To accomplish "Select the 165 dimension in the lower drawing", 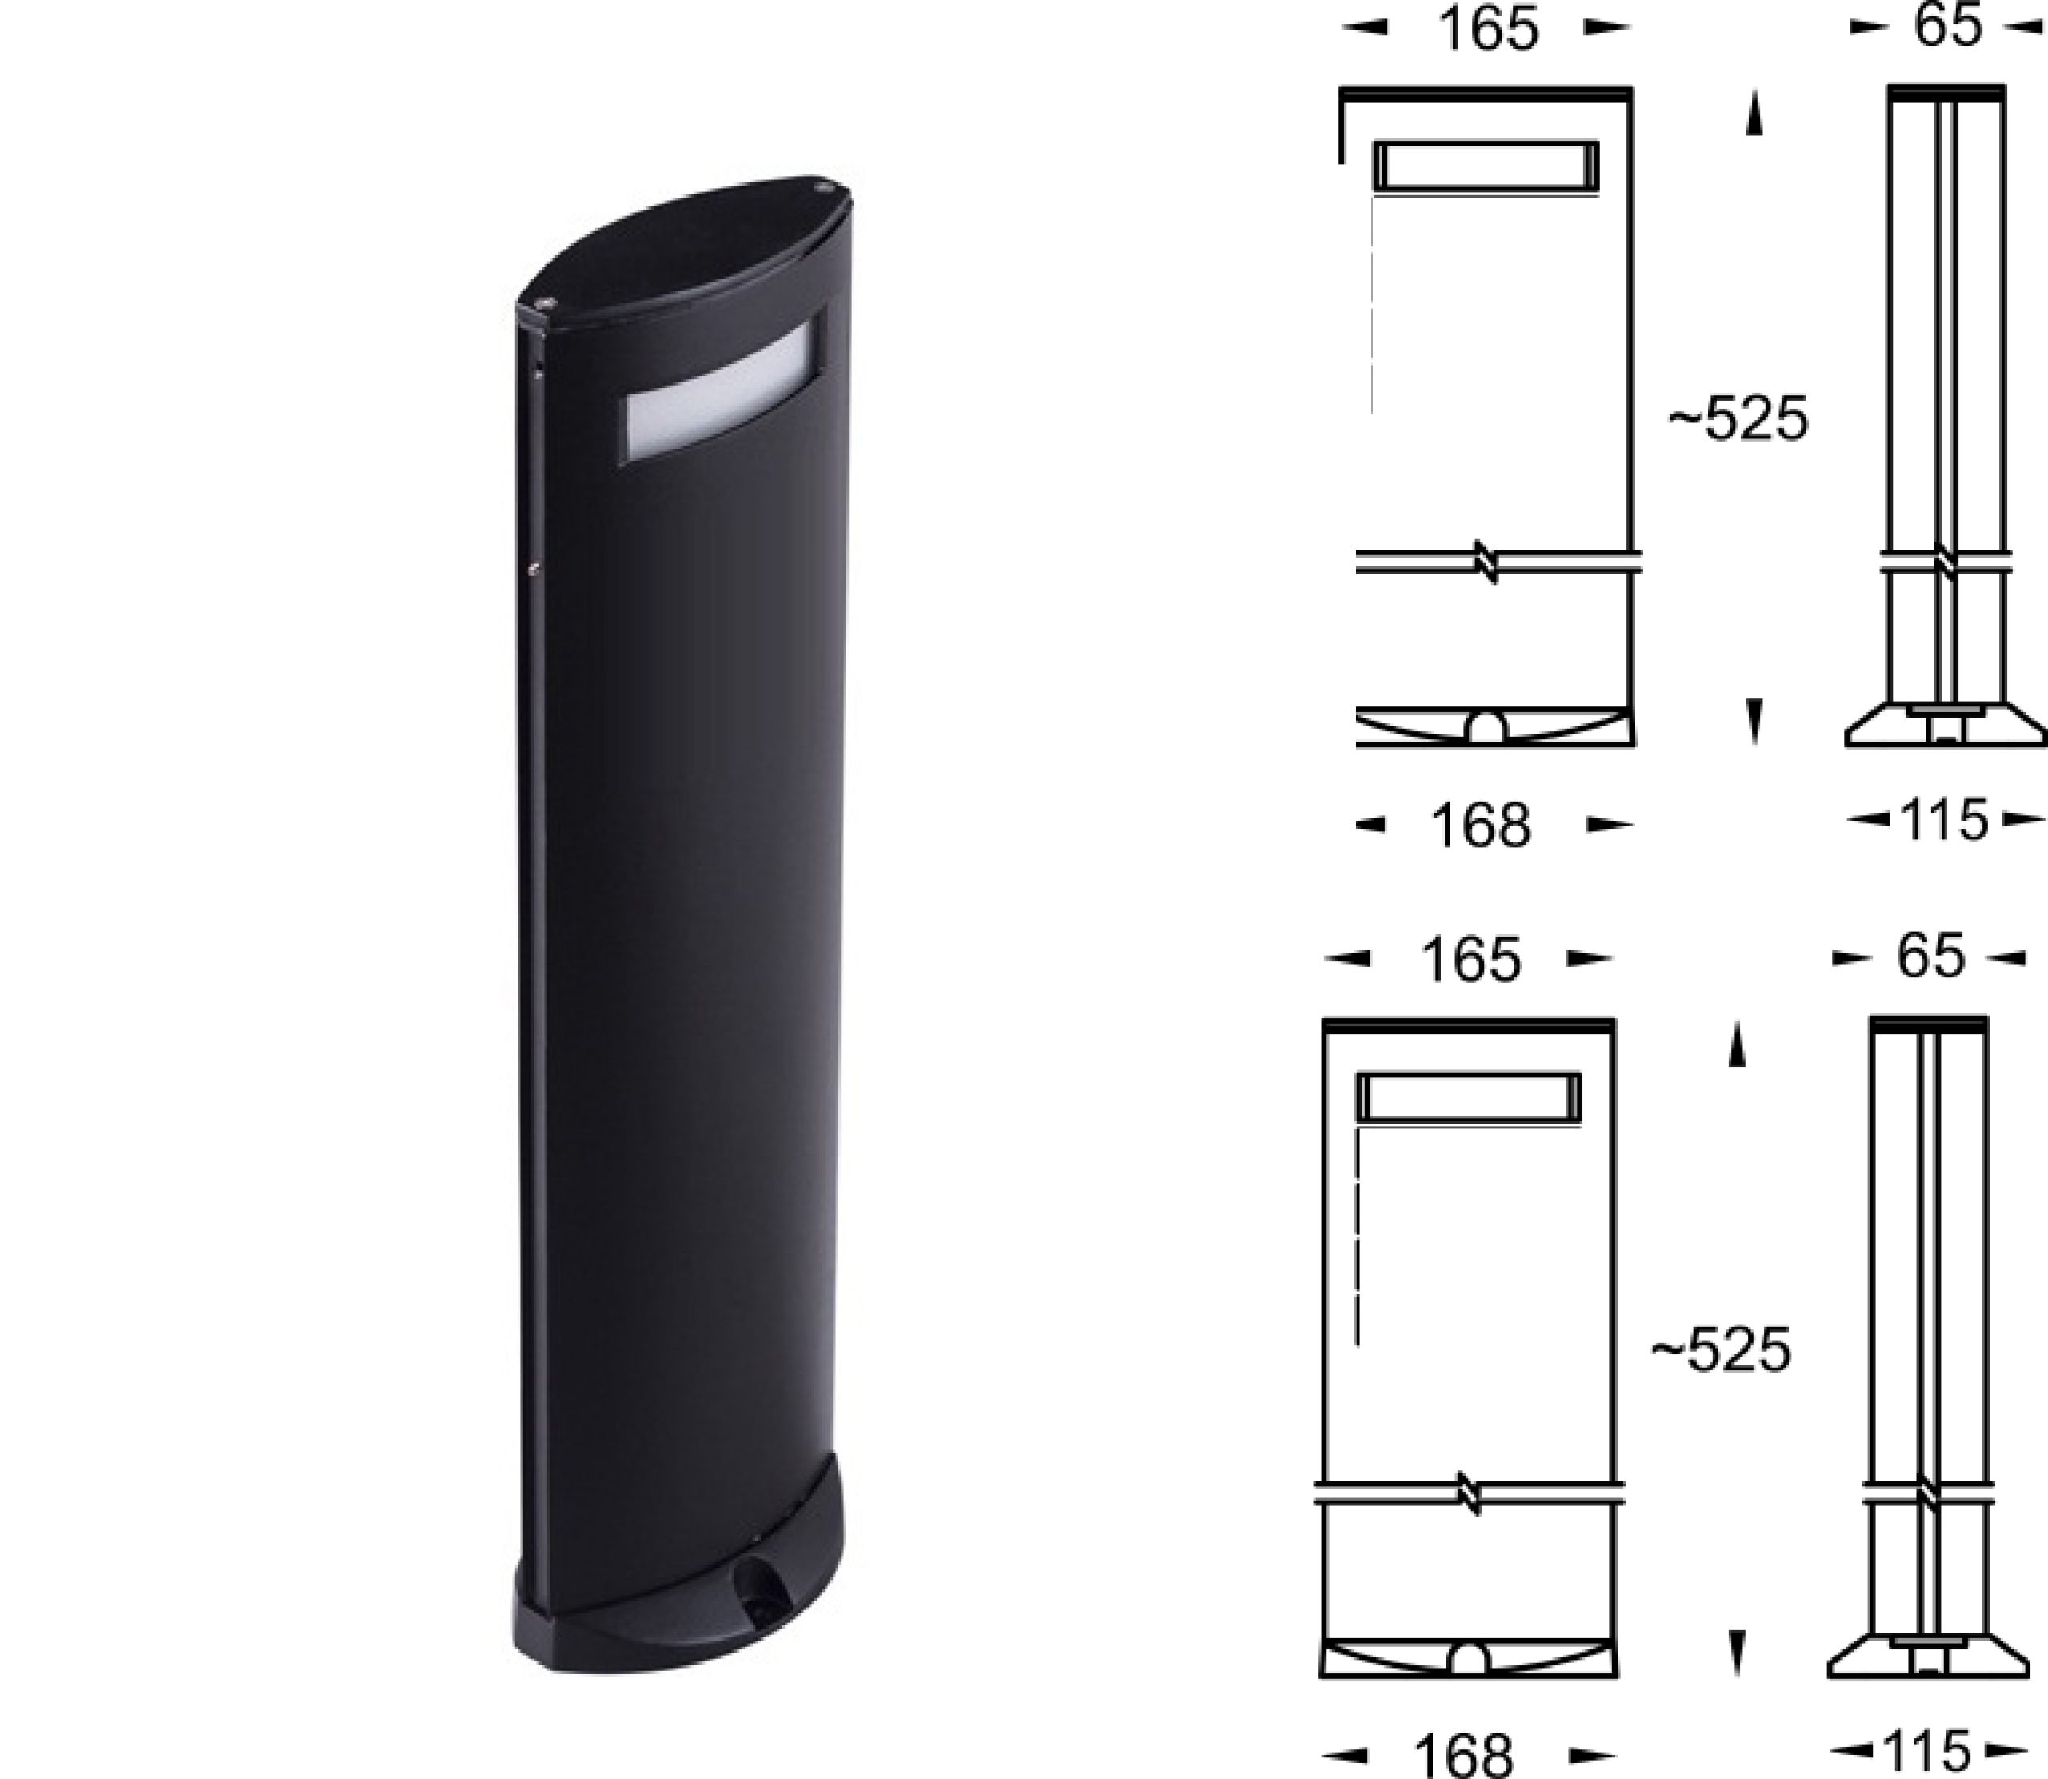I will click(x=1470, y=960).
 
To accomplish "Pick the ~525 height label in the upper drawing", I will click(x=1738, y=420).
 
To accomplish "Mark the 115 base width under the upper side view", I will click(x=1944, y=821).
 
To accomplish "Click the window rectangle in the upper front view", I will click(x=1486, y=165).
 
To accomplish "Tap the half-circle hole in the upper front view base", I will click(x=1486, y=729).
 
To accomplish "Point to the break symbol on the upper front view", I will click(x=1486, y=562).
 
